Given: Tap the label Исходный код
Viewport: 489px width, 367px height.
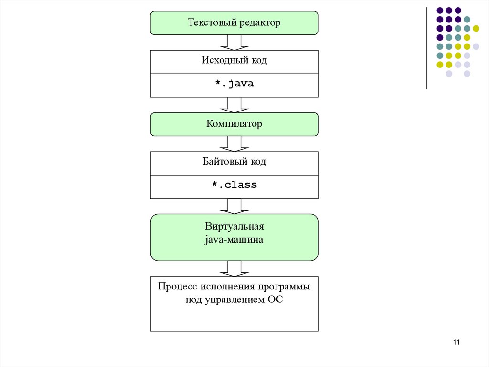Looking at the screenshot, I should pyautogui.click(x=234, y=61).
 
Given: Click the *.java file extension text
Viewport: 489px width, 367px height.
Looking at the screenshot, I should pyautogui.click(x=234, y=84).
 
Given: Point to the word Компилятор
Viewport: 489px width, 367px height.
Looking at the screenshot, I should pyautogui.click(x=234, y=124).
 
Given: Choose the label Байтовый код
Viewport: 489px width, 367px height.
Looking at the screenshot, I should pyautogui.click(x=234, y=162).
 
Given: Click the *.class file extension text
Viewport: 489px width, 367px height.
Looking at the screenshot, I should pyautogui.click(x=234, y=185).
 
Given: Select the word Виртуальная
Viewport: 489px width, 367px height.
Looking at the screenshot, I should pyautogui.click(x=234, y=226).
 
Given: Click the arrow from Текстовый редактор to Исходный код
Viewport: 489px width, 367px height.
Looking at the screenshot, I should pyautogui.click(x=234, y=42).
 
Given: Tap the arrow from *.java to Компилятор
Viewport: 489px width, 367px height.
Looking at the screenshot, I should pyautogui.click(x=234, y=105).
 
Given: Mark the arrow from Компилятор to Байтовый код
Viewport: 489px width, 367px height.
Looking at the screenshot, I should pyautogui.click(x=234, y=144).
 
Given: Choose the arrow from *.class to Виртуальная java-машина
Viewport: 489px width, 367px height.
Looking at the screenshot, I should pyautogui.click(x=234, y=206).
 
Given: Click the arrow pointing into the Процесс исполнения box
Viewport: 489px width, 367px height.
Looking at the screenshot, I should pyautogui.click(x=234, y=268).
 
